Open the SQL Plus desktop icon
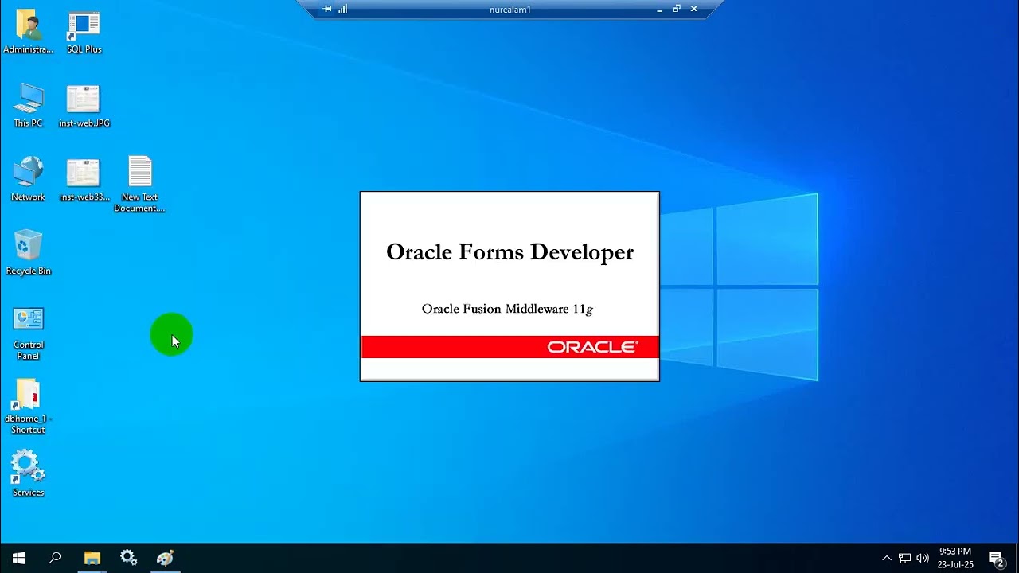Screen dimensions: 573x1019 [84, 26]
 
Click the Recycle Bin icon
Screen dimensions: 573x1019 [28, 247]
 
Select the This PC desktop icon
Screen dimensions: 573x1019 [28, 99]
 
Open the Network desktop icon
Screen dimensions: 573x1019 [28, 173]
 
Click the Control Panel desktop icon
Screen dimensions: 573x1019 [28, 320]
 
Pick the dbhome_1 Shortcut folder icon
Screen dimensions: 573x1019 [28, 395]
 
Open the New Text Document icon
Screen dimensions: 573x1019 [139, 173]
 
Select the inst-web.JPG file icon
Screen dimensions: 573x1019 [84, 99]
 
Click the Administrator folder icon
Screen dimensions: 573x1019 [28, 26]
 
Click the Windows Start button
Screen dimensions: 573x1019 [18, 558]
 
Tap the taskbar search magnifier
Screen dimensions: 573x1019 [55, 558]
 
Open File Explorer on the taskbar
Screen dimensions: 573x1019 [92, 558]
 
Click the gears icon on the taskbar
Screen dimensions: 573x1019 [128, 558]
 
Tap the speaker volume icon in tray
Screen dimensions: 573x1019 [923, 558]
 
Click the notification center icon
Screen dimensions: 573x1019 [996, 559]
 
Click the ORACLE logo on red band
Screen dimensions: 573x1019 [592, 347]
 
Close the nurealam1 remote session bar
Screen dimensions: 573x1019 [694, 9]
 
